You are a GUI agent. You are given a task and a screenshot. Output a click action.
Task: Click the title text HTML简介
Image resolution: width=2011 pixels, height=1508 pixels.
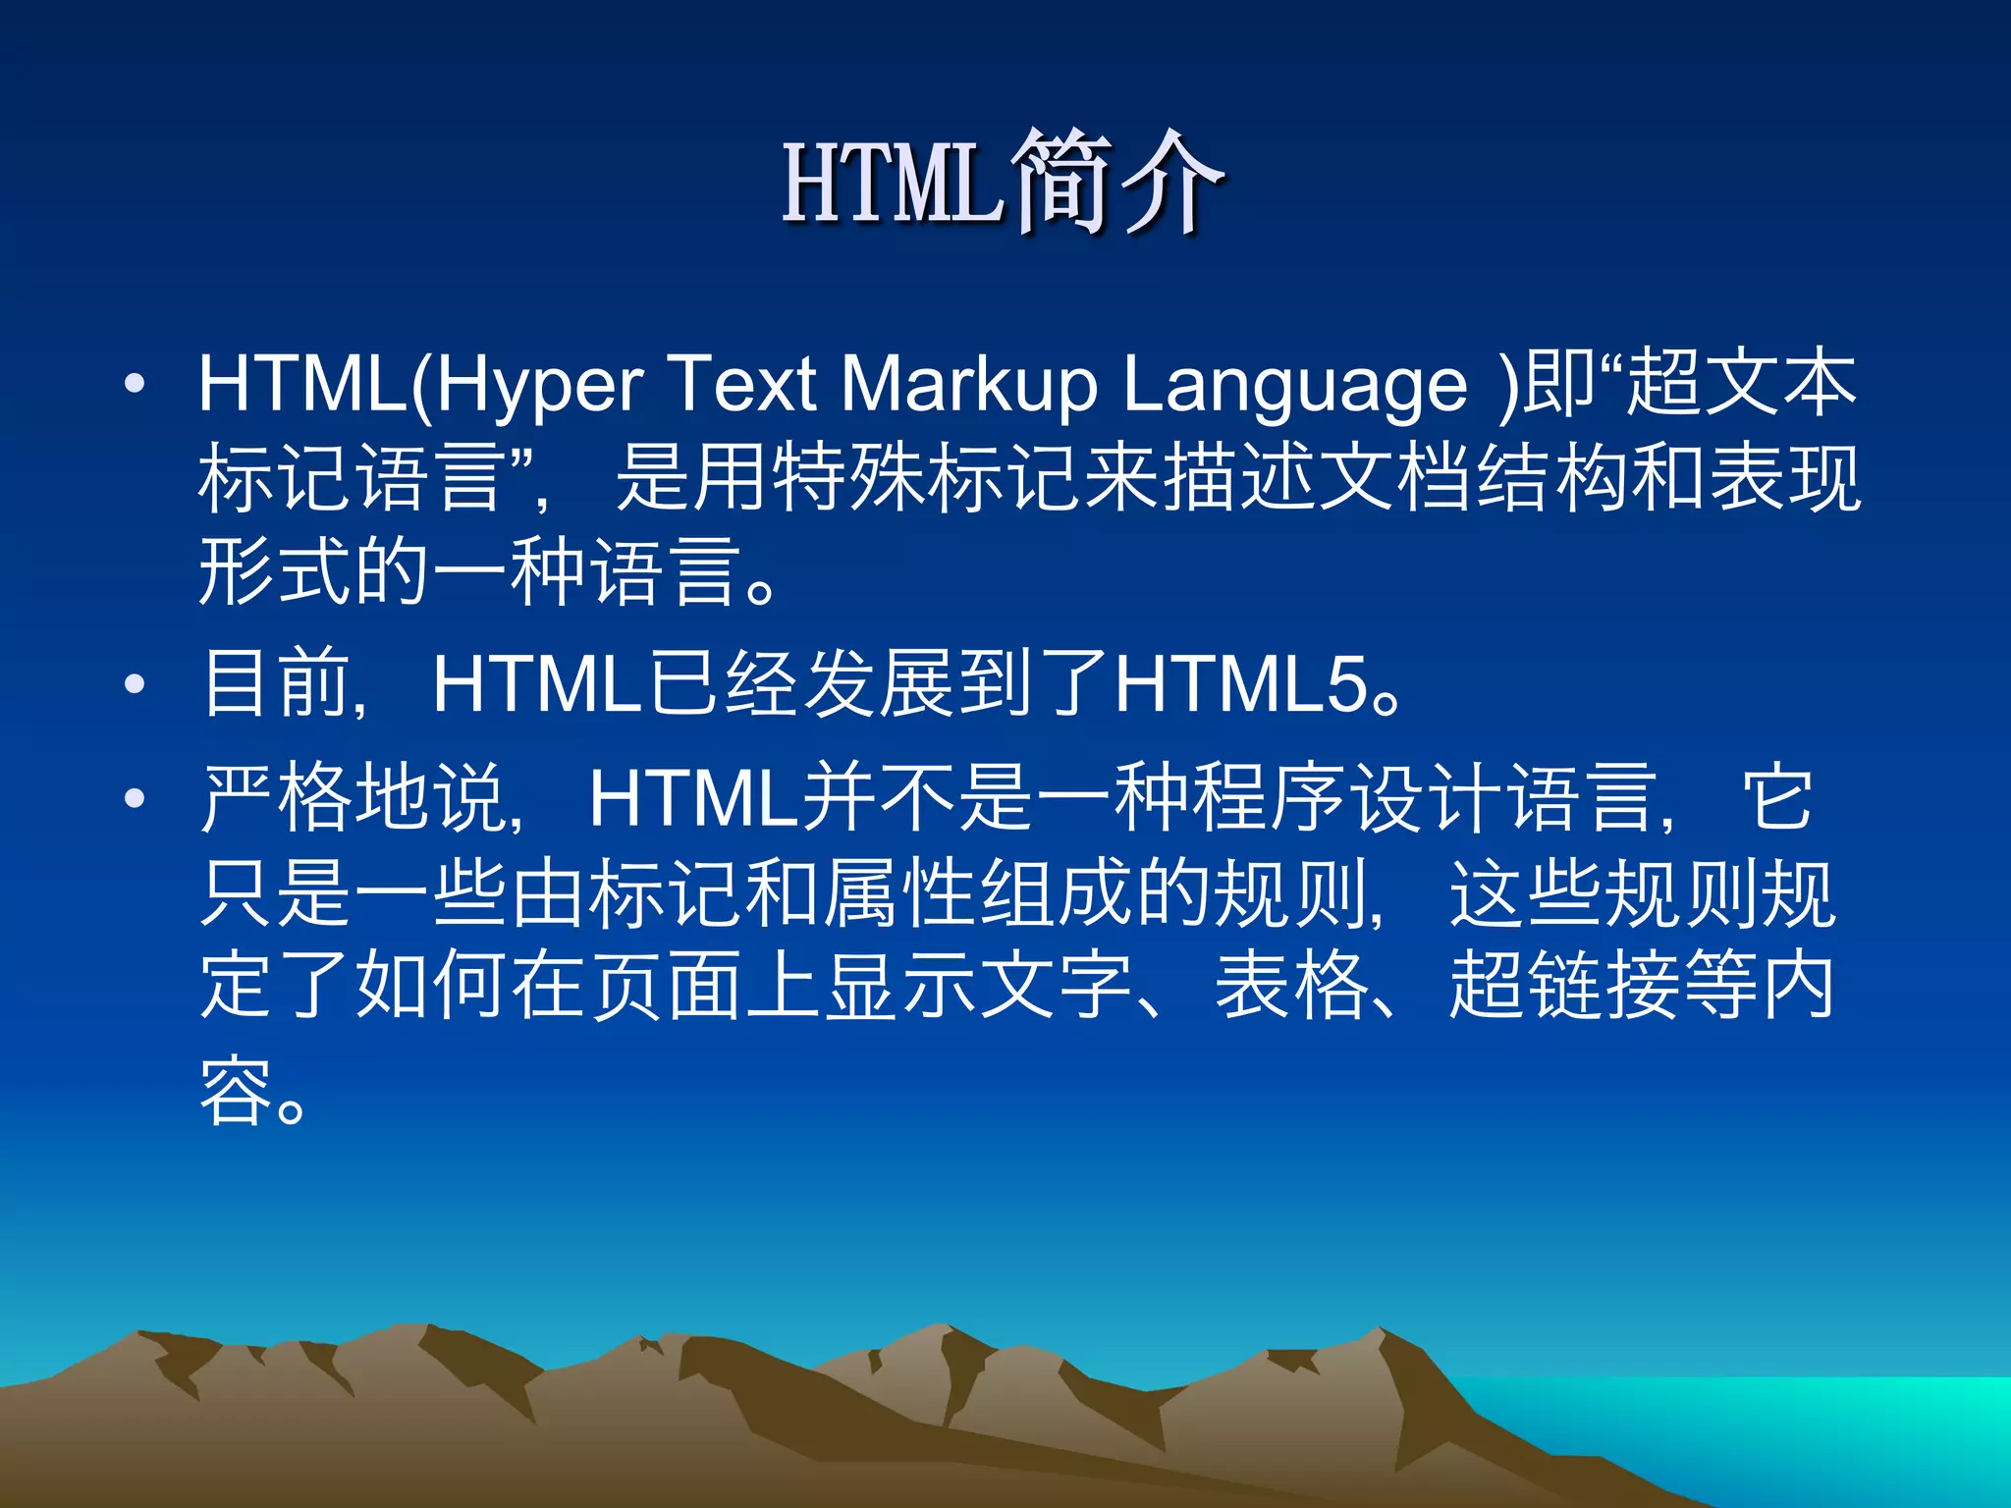(x=1002, y=183)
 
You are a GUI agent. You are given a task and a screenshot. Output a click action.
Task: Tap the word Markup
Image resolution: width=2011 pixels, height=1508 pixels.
(x=968, y=385)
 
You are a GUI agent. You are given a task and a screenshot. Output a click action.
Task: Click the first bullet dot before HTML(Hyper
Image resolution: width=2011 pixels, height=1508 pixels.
(x=136, y=384)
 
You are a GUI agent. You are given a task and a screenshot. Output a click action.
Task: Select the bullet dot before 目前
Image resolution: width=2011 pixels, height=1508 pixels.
(x=136, y=684)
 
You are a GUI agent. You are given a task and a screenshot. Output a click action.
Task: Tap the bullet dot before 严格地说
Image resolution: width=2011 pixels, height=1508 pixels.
(x=136, y=798)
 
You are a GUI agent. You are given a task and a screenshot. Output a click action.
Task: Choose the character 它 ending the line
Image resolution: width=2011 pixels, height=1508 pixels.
(x=1776, y=798)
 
